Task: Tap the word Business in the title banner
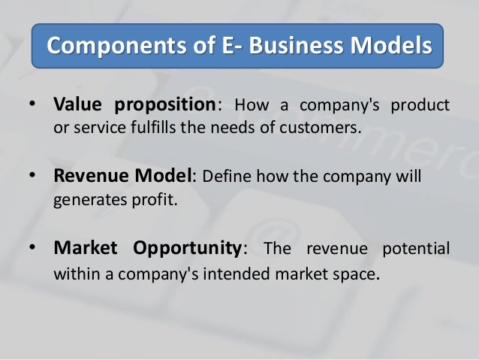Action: pos(286,46)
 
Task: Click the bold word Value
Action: pos(78,104)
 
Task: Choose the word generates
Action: pos(85,201)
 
